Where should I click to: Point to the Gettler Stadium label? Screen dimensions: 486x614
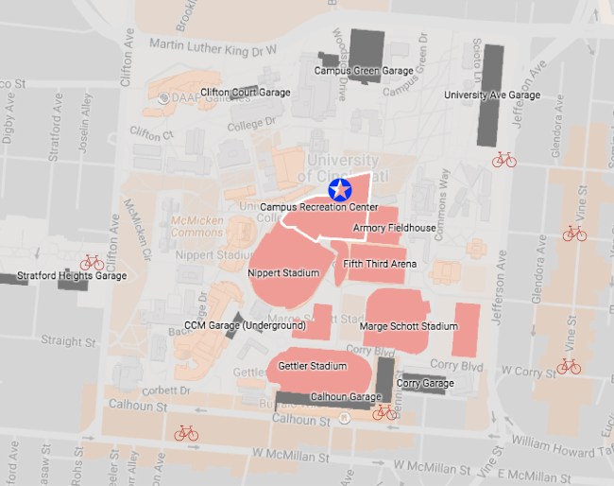point(312,365)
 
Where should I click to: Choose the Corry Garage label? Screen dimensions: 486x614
point(425,383)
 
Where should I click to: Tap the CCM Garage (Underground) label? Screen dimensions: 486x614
point(245,326)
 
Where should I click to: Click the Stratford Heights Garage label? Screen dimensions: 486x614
point(72,277)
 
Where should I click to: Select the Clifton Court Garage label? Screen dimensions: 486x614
point(245,92)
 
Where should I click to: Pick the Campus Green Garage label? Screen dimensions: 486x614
point(364,70)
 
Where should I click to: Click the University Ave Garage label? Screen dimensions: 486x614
point(492,95)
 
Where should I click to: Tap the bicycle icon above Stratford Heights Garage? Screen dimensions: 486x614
point(92,262)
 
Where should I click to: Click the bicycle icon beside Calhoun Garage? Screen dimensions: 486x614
point(384,412)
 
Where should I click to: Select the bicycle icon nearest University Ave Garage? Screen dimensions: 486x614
point(504,160)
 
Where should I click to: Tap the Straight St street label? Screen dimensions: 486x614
point(62,341)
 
